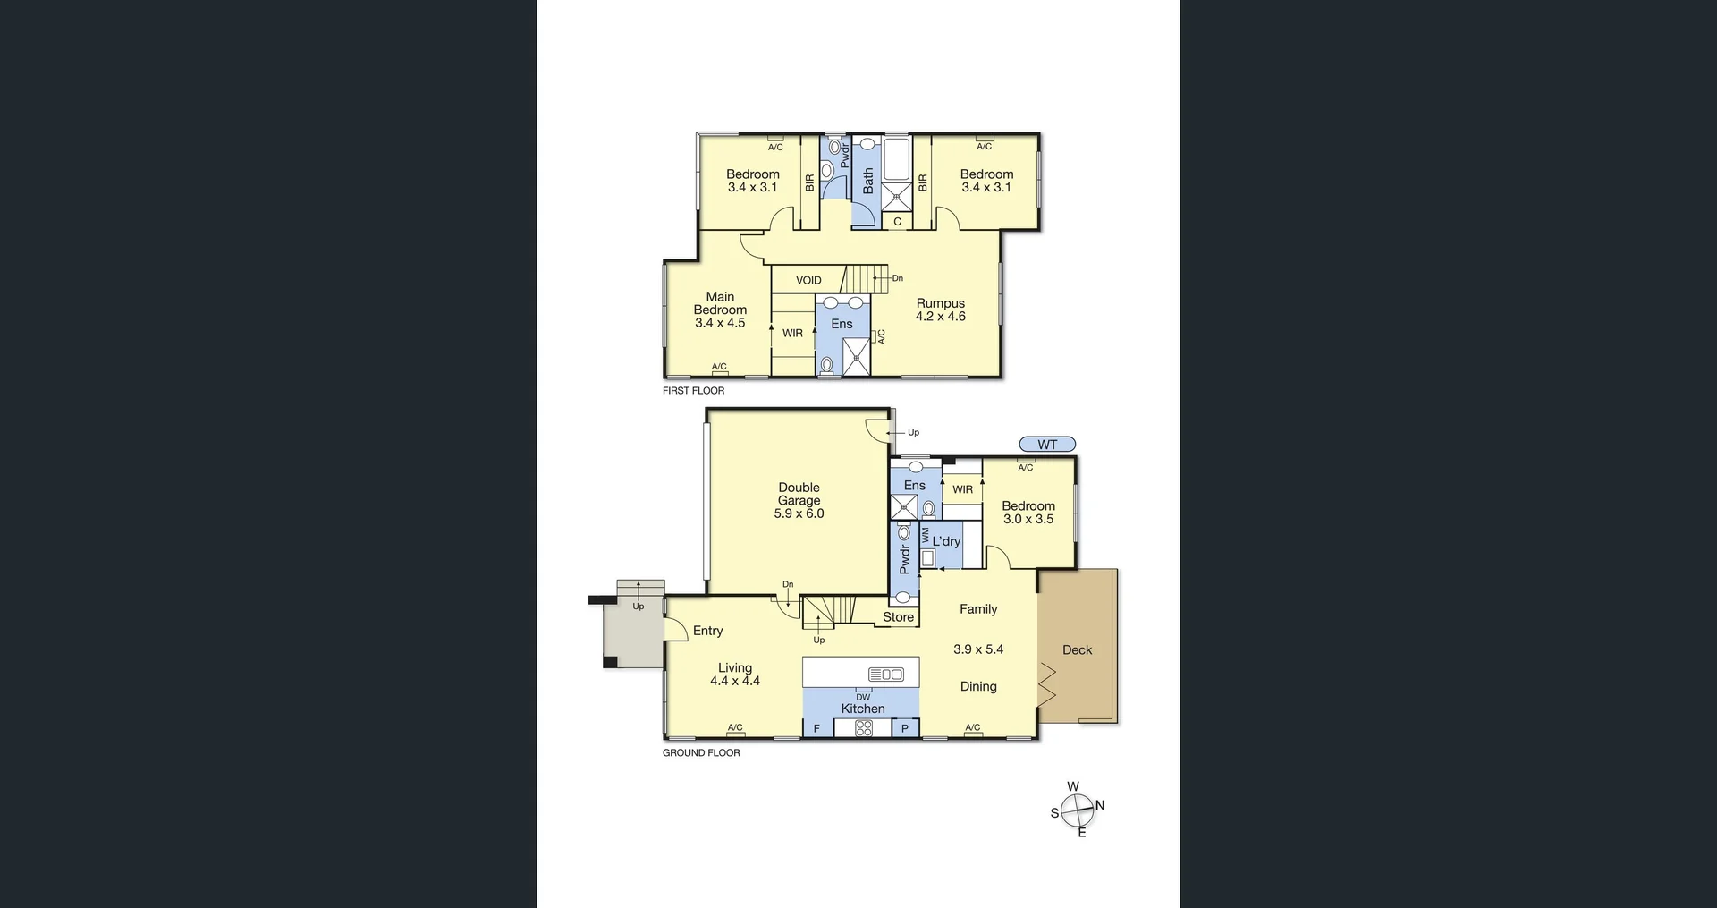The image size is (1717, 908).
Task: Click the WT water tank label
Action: pyautogui.click(x=1047, y=445)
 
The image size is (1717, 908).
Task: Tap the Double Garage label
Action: pyautogui.click(x=799, y=494)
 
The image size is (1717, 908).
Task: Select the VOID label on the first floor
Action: pyautogui.click(x=808, y=280)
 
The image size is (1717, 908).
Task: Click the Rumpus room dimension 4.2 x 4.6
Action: pyautogui.click(x=940, y=317)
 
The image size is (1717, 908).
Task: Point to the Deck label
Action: pyautogui.click(x=1077, y=650)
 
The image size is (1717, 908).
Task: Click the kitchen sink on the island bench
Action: pyautogui.click(x=887, y=675)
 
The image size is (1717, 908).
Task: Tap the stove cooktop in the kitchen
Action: pyautogui.click(x=863, y=728)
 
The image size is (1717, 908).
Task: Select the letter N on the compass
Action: pyautogui.click(x=1100, y=805)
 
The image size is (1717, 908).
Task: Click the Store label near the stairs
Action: pyautogui.click(x=898, y=617)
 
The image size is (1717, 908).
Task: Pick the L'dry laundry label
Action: pyautogui.click(x=946, y=541)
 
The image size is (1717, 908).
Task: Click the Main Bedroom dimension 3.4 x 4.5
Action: pyautogui.click(x=720, y=323)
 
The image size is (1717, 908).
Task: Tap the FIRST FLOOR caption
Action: pyautogui.click(x=693, y=391)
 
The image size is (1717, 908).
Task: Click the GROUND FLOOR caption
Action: pyautogui.click(x=701, y=753)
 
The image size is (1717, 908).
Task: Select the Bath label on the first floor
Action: pyautogui.click(x=868, y=182)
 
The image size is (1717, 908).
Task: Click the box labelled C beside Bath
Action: pyautogui.click(x=897, y=222)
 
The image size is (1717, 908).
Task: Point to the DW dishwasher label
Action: pyautogui.click(x=863, y=697)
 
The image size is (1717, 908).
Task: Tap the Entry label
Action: pyautogui.click(x=707, y=631)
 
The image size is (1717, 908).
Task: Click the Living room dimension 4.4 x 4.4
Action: pyautogui.click(x=735, y=681)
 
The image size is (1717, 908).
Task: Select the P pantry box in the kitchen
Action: pyautogui.click(x=904, y=728)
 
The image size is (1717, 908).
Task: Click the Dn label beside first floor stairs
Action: pyautogui.click(x=897, y=278)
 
